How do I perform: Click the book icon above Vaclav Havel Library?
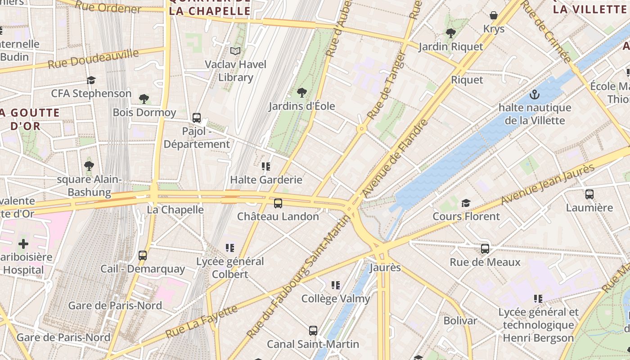(235, 51)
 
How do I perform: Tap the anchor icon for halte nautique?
(534, 94)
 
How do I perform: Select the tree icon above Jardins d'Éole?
(302, 93)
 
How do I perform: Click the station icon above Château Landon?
(278, 203)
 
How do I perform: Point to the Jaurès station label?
(385, 268)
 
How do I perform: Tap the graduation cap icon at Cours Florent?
(466, 203)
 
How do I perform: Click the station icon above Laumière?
(589, 194)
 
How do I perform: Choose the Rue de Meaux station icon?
(485, 249)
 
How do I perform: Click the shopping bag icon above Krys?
(494, 16)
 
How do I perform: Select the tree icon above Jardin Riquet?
(450, 33)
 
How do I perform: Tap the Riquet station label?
(467, 80)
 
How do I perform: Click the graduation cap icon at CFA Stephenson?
(91, 80)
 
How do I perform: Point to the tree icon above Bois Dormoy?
(144, 99)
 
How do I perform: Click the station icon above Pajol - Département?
(197, 118)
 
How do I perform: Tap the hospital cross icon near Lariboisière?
(23, 244)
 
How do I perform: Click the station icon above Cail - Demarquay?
(143, 256)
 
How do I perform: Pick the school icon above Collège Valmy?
(336, 285)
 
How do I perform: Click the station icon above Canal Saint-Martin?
(313, 331)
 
